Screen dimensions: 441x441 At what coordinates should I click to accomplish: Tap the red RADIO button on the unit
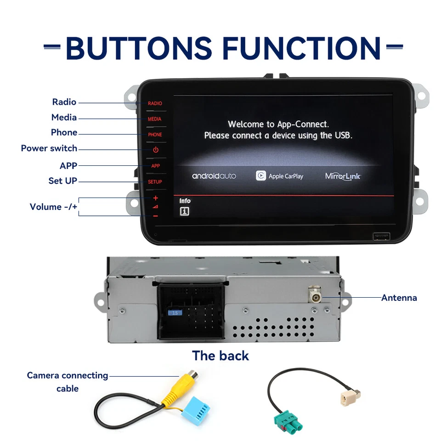click(x=155, y=103)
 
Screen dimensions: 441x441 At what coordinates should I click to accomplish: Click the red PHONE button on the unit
click(x=155, y=135)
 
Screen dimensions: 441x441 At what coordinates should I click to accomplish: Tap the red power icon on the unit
click(x=155, y=150)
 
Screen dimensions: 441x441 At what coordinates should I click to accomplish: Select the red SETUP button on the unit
click(x=155, y=182)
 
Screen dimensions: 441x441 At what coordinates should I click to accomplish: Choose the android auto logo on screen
click(x=214, y=176)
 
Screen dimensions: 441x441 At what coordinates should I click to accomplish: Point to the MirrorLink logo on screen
click(x=343, y=176)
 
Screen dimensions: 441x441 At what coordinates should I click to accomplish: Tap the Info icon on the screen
click(x=185, y=211)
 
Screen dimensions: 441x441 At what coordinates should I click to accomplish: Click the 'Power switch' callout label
click(x=49, y=148)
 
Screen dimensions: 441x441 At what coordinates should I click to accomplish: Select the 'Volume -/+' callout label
click(x=53, y=207)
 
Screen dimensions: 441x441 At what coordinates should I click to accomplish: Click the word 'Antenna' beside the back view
click(x=399, y=298)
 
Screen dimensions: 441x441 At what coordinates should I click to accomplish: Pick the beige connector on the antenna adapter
click(x=350, y=397)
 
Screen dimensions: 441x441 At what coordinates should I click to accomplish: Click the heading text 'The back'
click(x=220, y=356)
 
